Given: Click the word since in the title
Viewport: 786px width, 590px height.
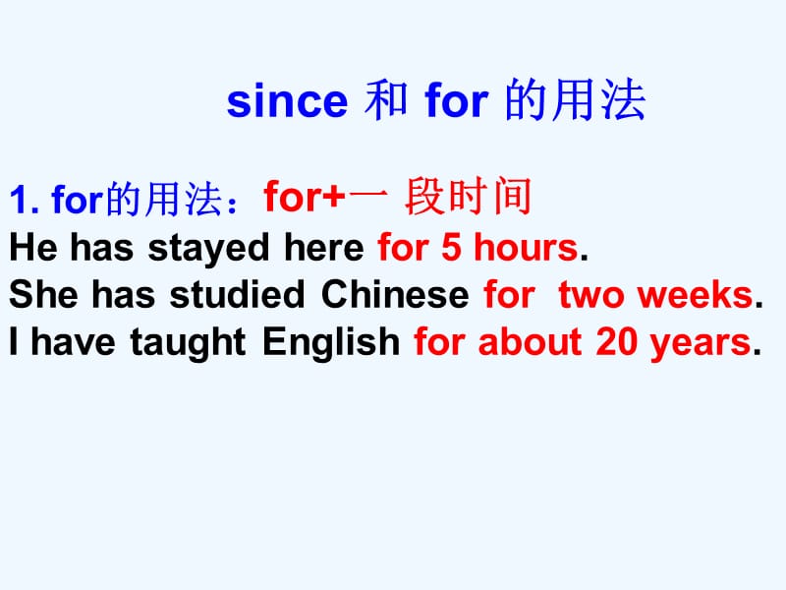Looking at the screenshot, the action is click(287, 101).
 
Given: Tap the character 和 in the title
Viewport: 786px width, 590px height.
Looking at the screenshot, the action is click(385, 100).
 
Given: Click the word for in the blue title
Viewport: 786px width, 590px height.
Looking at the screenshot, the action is click(456, 100).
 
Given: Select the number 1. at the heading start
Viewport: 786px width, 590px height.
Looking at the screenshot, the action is click(24, 200).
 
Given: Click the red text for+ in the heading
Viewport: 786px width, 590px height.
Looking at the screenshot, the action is click(305, 196).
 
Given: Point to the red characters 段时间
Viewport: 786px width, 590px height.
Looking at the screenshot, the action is click(468, 196).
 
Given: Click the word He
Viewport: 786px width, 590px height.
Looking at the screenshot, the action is click(33, 247).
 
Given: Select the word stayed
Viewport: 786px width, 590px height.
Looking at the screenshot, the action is click(209, 249).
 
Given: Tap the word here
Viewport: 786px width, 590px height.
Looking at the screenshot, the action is click(324, 247).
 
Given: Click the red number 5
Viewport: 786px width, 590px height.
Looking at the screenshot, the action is click(451, 247).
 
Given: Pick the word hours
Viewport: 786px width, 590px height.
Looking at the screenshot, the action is click(526, 247).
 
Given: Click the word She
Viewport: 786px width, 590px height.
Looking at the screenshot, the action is click(43, 294).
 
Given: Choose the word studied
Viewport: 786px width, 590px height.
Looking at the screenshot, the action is click(237, 294).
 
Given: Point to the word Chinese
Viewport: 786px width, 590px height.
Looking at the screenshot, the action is click(395, 294).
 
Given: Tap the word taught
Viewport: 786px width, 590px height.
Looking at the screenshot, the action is click(188, 342).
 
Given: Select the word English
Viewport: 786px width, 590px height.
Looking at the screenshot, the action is click(331, 342).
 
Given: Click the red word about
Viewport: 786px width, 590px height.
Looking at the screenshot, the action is click(530, 341).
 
